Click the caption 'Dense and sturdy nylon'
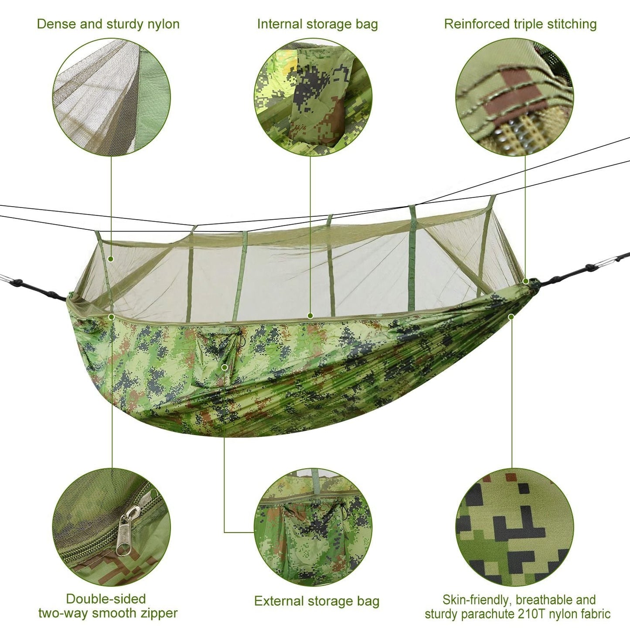(x=108, y=24)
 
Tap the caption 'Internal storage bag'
(x=317, y=24)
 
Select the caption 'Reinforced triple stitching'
(x=520, y=24)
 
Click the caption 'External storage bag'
(x=317, y=601)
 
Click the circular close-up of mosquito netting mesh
(x=111, y=97)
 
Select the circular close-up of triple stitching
(x=514, y=97)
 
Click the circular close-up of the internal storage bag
(x=313, y=97)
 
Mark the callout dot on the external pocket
(x=225, y=368)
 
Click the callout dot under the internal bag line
(x=310, y=315)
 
